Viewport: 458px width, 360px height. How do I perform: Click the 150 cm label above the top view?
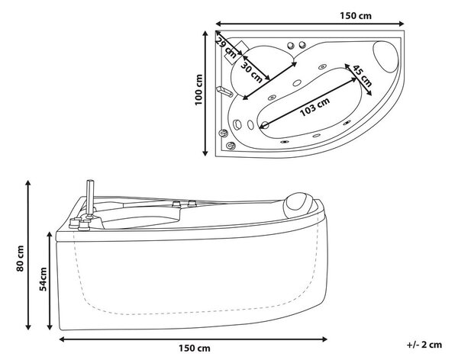pos(356,15)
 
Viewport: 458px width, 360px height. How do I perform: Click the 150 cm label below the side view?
pos(194,348)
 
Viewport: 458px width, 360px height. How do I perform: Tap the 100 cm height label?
pos(198,90)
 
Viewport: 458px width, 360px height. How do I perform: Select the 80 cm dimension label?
pos(20,258)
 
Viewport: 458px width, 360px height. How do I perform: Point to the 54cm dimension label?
pos(43,279)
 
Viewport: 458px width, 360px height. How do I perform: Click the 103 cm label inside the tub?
pos(314,106)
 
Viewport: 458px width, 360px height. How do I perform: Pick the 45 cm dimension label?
pos(362,76)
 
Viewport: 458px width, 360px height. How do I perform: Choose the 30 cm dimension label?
pos(251,72)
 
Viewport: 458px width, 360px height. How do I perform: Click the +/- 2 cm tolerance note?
pos(424,345)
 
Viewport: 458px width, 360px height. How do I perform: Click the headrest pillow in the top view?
pos(385,57)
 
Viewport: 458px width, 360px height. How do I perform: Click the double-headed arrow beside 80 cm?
pos(28,255)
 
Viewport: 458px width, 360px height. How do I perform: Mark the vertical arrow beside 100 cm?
pos(205,93)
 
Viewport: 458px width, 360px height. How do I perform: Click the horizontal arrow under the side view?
pos(193,339)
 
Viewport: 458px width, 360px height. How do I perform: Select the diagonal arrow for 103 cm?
pos(308,102)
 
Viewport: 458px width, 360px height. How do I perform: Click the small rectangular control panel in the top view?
pos(237,52)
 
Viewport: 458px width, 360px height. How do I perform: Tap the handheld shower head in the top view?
pos(224,92)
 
